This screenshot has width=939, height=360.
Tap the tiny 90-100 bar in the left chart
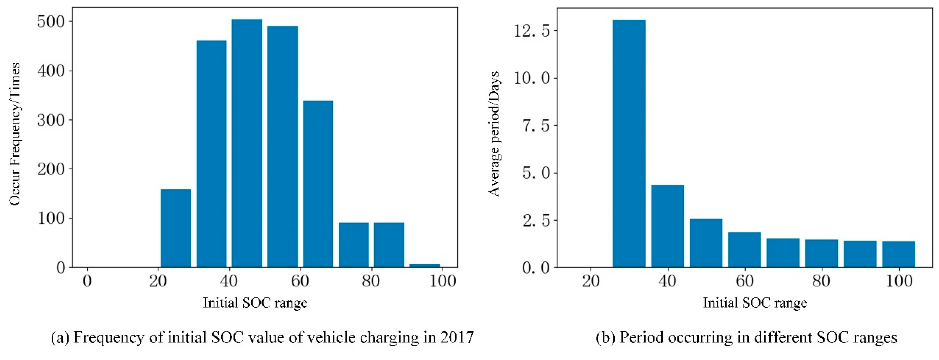click(425, 266)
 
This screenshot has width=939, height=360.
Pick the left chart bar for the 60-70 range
click(318, 184)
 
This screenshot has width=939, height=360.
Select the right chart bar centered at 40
click(667, 226)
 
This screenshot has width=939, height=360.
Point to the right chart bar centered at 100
click(898, 254)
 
